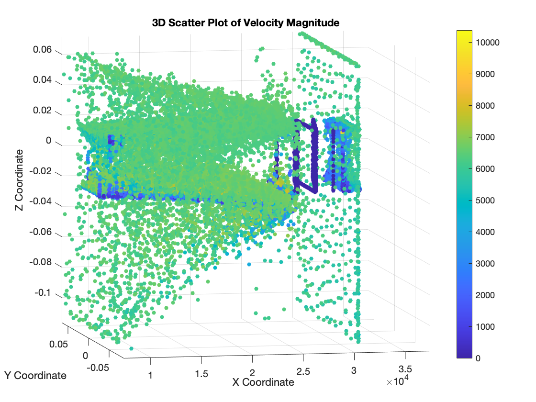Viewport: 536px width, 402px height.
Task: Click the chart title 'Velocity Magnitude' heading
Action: click(246, 22)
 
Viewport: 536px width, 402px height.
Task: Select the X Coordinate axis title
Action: click(263, 382)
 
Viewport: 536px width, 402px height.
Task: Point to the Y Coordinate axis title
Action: click(35, 376)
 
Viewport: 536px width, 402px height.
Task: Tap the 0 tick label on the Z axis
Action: click(48, 141)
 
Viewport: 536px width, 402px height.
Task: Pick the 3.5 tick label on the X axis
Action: click(405, 369)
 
